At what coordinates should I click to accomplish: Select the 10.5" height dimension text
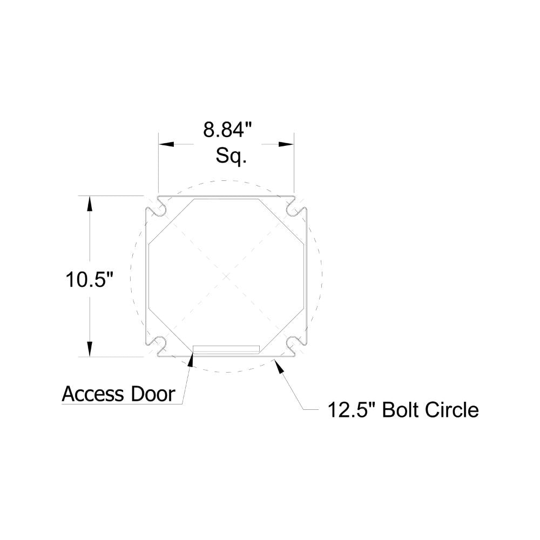pos(90,280)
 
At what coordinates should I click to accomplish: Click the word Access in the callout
pos(93,394)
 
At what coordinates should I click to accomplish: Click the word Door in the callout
pos(153,394)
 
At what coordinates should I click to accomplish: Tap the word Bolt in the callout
pos(399,410)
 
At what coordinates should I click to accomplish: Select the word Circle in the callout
pos(451,410)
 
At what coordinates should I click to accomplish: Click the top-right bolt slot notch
pos(294,208)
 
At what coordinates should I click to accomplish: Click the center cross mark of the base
pos(226,275)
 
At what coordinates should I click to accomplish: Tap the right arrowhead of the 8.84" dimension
pos(286,144)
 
